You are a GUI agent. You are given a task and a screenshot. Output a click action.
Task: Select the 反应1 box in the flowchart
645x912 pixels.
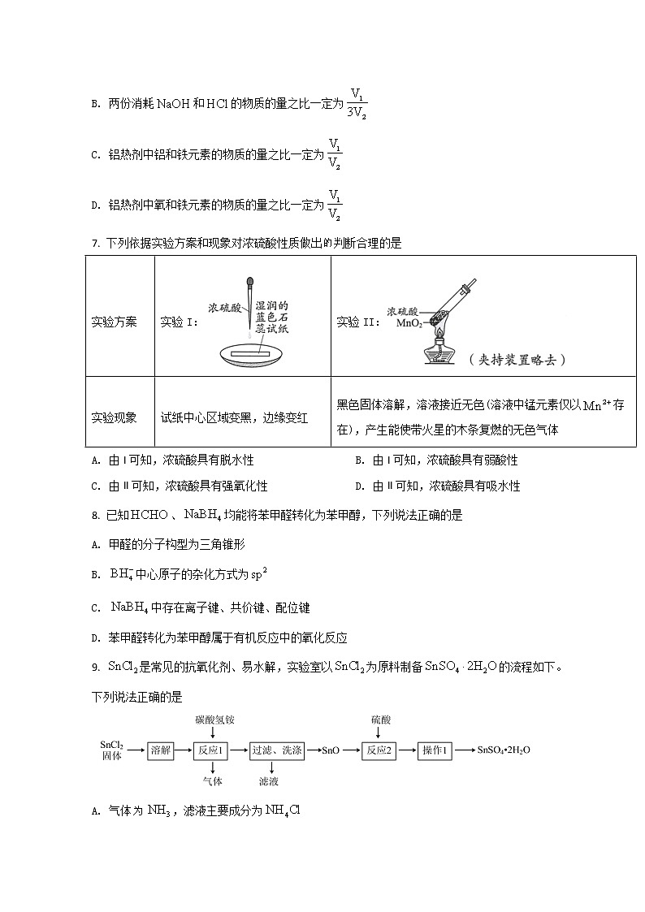tap(213, 751)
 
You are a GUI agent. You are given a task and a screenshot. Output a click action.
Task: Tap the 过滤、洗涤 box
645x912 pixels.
tap(276, 751)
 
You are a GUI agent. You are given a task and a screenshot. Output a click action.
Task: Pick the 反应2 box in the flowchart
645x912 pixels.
tap(379, 751)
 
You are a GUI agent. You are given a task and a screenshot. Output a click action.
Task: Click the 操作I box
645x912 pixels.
tap(435, 751)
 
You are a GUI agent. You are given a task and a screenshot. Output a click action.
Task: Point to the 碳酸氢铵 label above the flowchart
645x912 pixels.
tap(214, 720)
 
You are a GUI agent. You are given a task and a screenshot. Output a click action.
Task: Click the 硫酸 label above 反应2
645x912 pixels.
tap(379, 720)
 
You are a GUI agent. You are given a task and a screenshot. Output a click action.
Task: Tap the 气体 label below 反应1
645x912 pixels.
tap(213, 781)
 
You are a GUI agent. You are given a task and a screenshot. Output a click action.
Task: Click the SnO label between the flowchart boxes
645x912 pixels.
tap(331, 751)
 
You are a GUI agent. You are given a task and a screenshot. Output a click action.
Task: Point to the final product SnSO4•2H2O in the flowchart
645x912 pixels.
tap(504, 751)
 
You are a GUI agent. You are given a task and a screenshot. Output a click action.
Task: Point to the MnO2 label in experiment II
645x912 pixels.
tap(406, 322)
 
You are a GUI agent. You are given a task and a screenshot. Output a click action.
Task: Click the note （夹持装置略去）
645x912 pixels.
tap(517, 359)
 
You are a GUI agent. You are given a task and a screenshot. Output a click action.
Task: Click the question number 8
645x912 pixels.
tap(96, 516)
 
